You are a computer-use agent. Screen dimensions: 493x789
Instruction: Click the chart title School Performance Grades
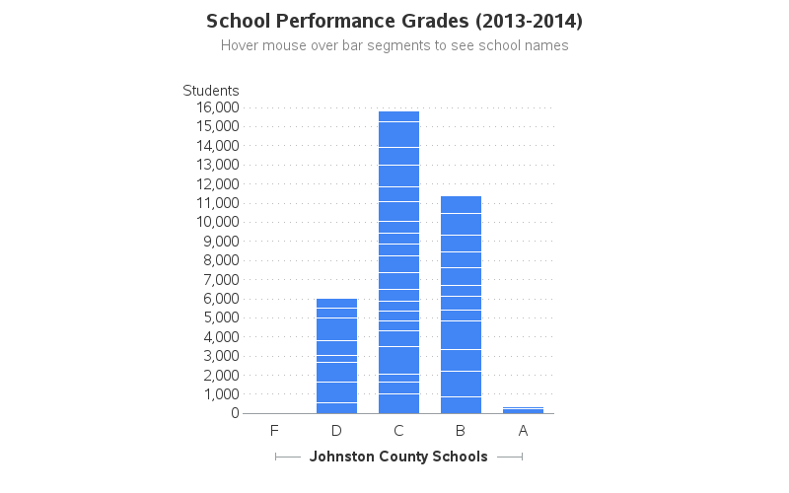point(394,21)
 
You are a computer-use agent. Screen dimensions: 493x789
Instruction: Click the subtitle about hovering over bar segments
point(394,45)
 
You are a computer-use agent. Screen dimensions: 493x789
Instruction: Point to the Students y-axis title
point(211,91)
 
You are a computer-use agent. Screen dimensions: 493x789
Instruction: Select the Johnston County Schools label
point(398,457)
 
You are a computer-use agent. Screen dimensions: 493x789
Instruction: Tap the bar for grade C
point(398,262)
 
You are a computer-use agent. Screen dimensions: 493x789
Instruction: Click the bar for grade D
point(336,356)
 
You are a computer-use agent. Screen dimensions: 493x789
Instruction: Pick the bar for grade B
point(461,305)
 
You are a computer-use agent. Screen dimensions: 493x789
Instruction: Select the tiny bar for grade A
point(523,410)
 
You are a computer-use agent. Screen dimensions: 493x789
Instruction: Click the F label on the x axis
point(274,431)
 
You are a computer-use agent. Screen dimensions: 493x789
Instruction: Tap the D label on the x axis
point(336,431)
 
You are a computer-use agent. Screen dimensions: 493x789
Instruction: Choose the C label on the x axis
point(398,431)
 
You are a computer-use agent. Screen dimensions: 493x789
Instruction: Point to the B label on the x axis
point(461,431)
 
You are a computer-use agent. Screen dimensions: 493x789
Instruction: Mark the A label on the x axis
point(523,431)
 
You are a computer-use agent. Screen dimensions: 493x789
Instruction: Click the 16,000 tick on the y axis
point(218,107)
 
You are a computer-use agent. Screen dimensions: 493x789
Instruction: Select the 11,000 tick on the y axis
point(218,203)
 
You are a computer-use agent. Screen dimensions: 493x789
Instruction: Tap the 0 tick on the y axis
point(235,413)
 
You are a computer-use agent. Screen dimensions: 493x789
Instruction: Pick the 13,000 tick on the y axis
point(218,165)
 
